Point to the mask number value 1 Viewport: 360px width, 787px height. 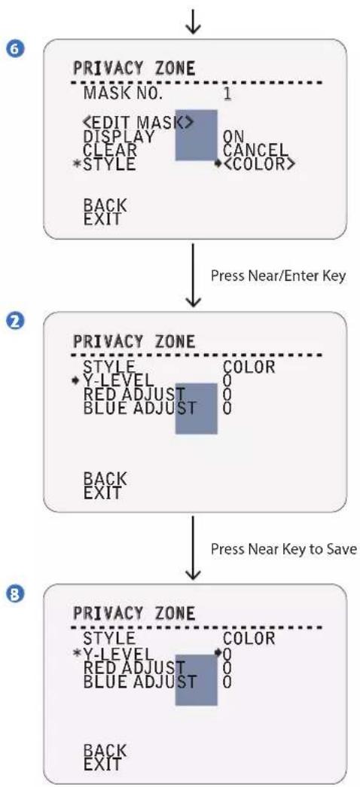tap(227, 93)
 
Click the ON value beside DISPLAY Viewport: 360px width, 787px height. tap(233, 136)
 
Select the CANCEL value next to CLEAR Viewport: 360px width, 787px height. tap(255, 150)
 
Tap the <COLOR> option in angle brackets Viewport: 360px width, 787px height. tap(259, 163)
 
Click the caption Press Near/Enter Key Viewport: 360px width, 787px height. tap(278, 276)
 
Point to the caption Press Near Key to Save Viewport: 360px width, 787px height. tap(284, 548)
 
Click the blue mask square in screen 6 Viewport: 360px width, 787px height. tap(197, 135)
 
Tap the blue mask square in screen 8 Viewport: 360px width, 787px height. tap(197, 679)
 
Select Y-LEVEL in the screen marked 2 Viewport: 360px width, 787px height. tap(117, 381)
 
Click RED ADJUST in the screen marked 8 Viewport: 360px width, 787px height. tap(135, 667)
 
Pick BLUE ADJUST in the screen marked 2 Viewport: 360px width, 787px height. tap(139, 407)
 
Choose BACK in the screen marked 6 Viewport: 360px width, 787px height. tap(105, 205)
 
